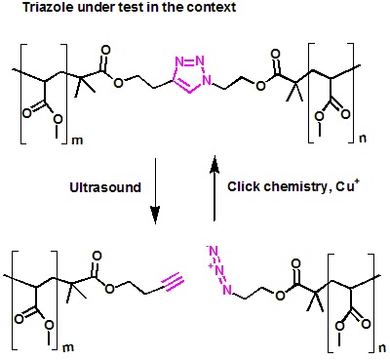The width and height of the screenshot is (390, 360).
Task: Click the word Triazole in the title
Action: coord(26,9)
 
